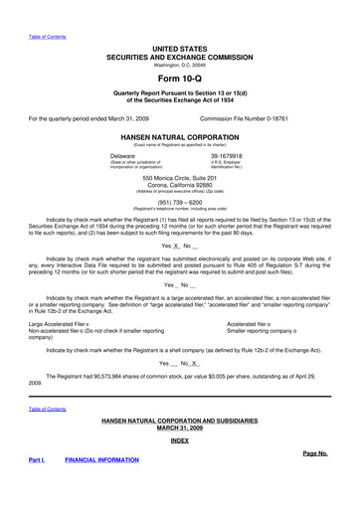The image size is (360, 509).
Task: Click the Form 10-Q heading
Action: click(179, 78)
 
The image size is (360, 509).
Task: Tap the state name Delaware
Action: click(123, 156)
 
